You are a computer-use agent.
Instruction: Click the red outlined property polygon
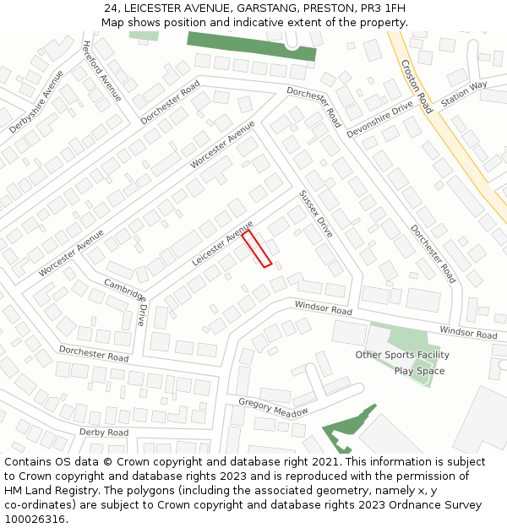pos(257,248)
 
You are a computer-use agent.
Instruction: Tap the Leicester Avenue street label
pos(222,243)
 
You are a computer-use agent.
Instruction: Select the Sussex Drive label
pos(316,214)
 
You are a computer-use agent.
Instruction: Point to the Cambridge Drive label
pos(125,302)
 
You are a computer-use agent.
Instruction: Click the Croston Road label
pos(417,86)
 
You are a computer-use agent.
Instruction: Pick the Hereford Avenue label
pos(101,71)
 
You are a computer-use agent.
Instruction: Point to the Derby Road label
pos(104,432)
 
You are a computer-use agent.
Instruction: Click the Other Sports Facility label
pos(402,355)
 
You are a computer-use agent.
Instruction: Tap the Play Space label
pos(419,371)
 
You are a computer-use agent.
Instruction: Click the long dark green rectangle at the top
pos(251,46)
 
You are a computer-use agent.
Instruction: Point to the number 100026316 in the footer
pos(36,520)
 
